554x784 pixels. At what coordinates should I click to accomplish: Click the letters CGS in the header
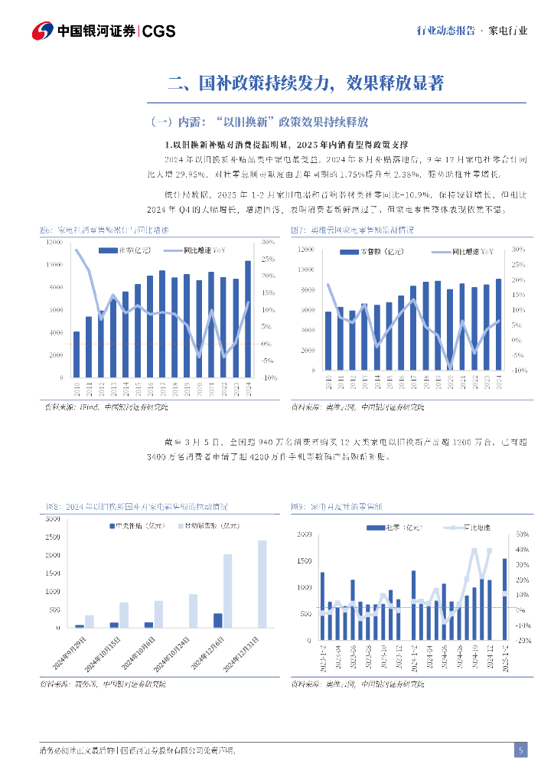click(160, 31)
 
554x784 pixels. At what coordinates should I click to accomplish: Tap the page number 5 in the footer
click(520, 750)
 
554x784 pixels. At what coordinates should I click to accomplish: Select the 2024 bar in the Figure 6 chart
click(248, 318)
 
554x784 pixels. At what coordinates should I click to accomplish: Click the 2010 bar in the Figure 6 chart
click(77, 354)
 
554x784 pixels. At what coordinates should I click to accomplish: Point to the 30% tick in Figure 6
click(268, 242)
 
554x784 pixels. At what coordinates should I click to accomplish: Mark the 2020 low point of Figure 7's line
click(450, 367)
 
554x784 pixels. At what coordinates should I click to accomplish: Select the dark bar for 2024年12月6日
click(217, 620)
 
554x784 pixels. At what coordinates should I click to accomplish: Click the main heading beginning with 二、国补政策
click(306, 83)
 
